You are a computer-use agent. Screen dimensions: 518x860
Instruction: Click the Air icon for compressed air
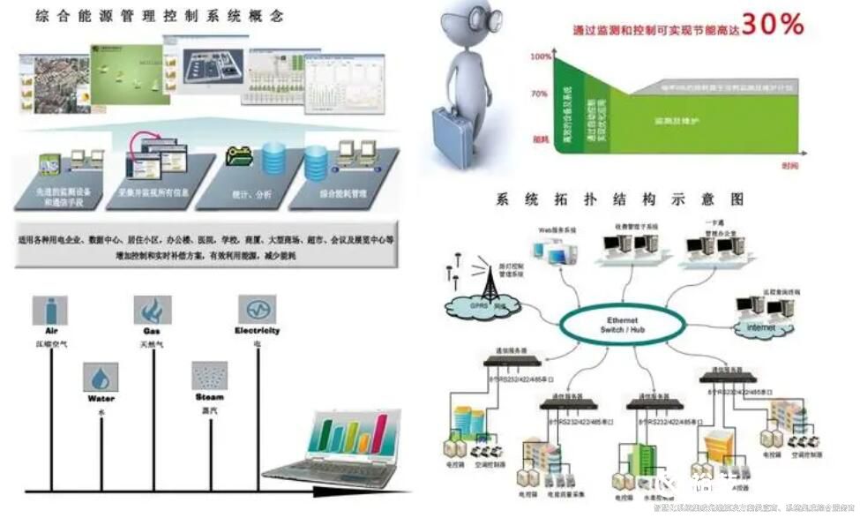[x=49, y=311]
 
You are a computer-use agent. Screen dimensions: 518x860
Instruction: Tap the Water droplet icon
[x=101, y=378]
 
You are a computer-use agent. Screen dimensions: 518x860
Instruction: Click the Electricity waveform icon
[x=257, y=310]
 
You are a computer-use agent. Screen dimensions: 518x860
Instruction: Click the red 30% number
[x=772, y=25]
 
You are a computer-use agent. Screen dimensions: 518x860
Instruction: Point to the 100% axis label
[x=540, y=56]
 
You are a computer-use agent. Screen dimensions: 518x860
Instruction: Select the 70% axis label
[x=540, y=92]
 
